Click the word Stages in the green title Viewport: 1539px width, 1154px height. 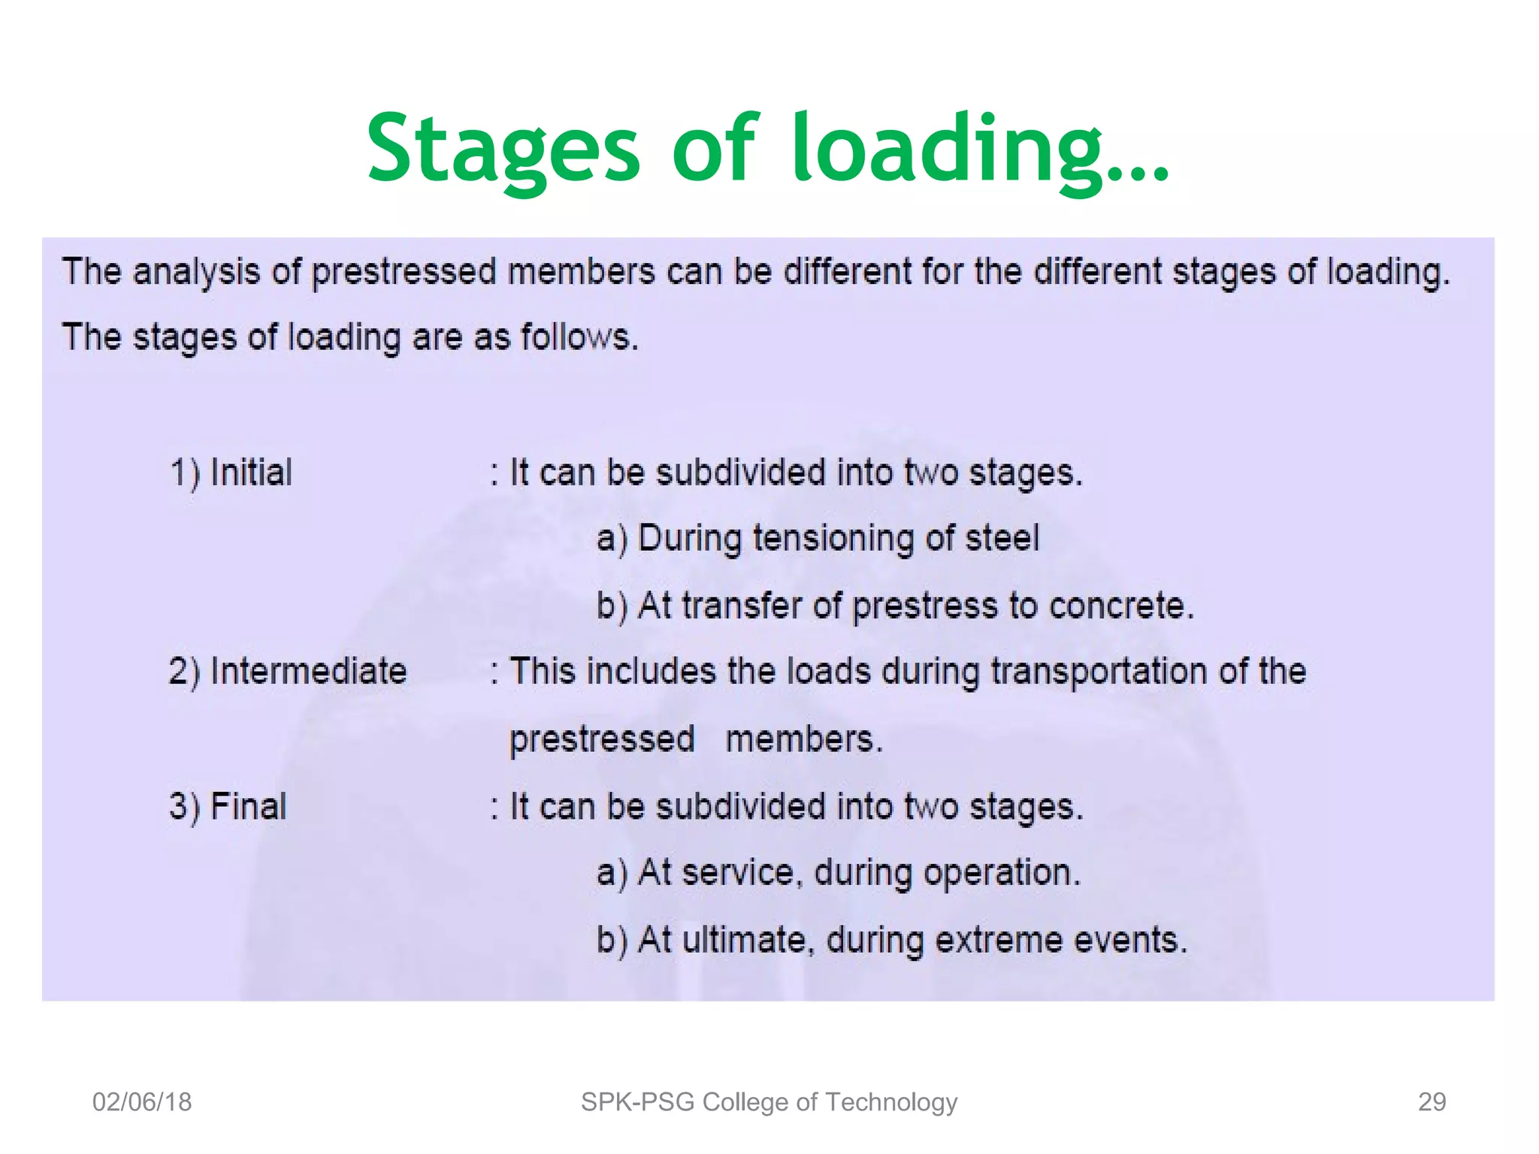pos(503,149)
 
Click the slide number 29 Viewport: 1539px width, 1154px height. pos(1432,1101)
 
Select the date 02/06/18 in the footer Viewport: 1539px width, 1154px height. pos(142,1101)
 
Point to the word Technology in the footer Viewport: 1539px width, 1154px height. pos(891,1101)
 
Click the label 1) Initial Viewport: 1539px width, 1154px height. pos(231,473)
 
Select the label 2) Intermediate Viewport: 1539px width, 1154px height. pos(287,671)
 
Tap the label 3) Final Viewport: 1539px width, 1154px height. pos(228,806)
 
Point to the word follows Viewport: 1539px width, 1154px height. pos(579,337)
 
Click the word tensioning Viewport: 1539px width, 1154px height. pos(833,539)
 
